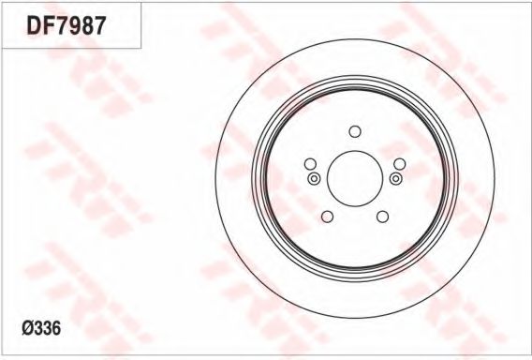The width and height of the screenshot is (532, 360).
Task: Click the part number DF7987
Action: (66, 25)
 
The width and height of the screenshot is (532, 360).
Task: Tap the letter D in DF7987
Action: (34, 25)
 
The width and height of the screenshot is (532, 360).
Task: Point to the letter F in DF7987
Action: (49, 25)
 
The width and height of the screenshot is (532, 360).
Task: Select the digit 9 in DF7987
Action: (73, 25)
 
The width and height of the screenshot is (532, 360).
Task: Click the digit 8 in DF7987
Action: (86, 25)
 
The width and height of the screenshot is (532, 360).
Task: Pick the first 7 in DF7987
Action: (60, 25)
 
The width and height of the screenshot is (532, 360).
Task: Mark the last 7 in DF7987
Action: (99, 25)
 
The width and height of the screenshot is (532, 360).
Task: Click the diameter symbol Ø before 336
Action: (28, 328)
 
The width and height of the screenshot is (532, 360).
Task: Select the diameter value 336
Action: (48, 328)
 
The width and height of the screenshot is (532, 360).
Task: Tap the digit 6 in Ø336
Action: (56, 328)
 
